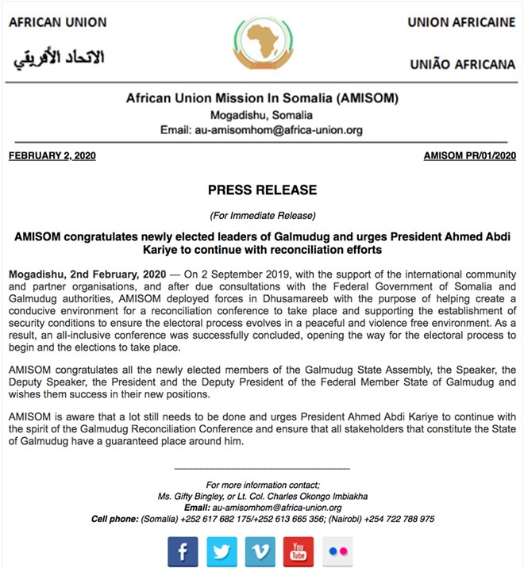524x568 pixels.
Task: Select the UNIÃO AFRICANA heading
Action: (x=461, y=64)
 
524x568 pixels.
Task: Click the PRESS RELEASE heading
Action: (x=262, y=190)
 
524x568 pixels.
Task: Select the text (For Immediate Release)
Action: (x=262, y=215)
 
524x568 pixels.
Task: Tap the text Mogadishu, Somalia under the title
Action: (x=262, y=115)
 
